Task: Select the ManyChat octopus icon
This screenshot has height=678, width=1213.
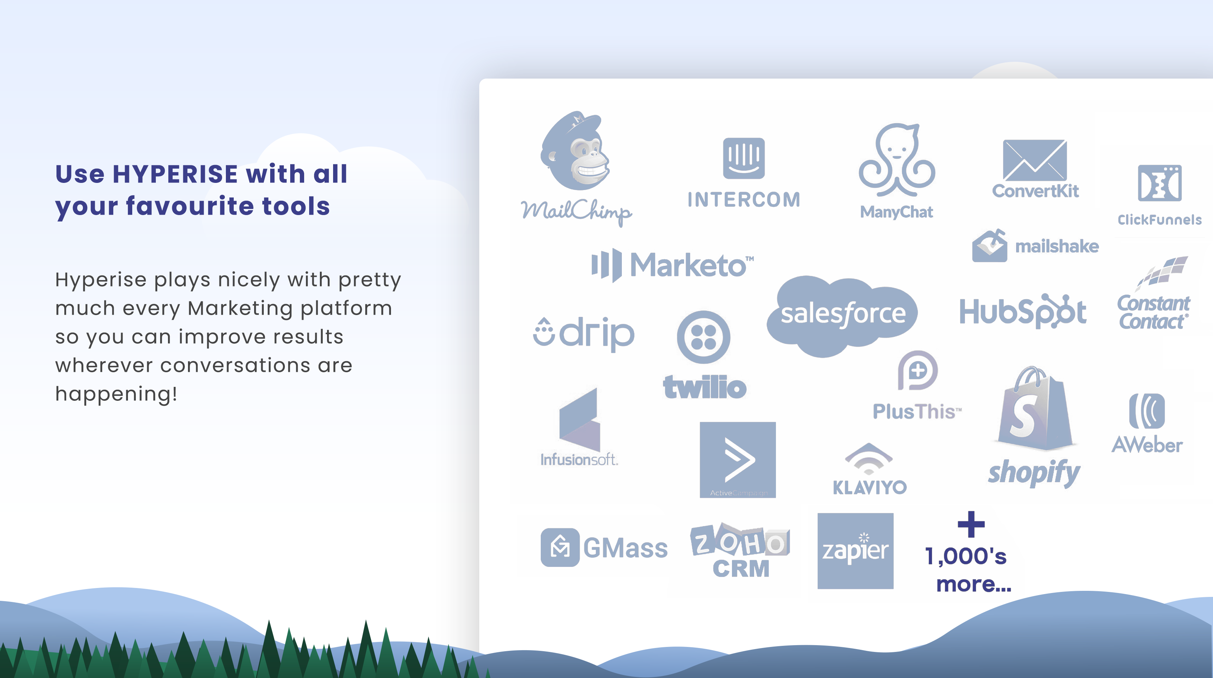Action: click(x=897, y=160)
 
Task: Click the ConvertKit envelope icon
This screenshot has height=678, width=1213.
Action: click(x=1035, y=160)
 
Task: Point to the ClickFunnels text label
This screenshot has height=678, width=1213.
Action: click(x=1159, y=220)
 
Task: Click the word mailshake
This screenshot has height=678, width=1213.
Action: click(x=1057, y=246)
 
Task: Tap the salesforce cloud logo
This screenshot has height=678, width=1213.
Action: click(x=842, y=315)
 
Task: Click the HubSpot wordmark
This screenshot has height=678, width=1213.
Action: click(x=1023, y=311)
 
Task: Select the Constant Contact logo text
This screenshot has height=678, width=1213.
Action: click(x=1153, y=313)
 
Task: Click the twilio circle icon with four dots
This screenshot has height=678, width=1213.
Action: click(x=703, y=337)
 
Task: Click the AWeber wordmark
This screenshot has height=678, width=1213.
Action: click(x=1147, y=445)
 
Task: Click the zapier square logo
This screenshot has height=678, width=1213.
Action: click(x=855, y=551)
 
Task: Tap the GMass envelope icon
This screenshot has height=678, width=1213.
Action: click(x=560, y=547)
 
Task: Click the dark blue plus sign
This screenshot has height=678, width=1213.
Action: click(x=971, y=524)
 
